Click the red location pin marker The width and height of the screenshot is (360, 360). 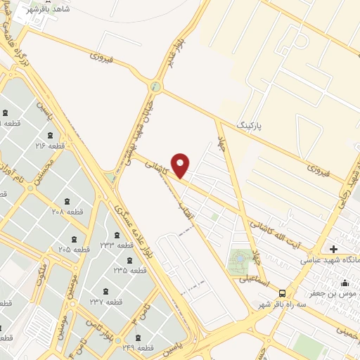[x=181, y=165]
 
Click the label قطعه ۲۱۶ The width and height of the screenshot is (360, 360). [x=51, y=146]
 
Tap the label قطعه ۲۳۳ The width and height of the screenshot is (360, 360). [x=117, y=245]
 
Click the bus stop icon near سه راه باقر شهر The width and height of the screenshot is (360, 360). [x=282, y=292]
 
